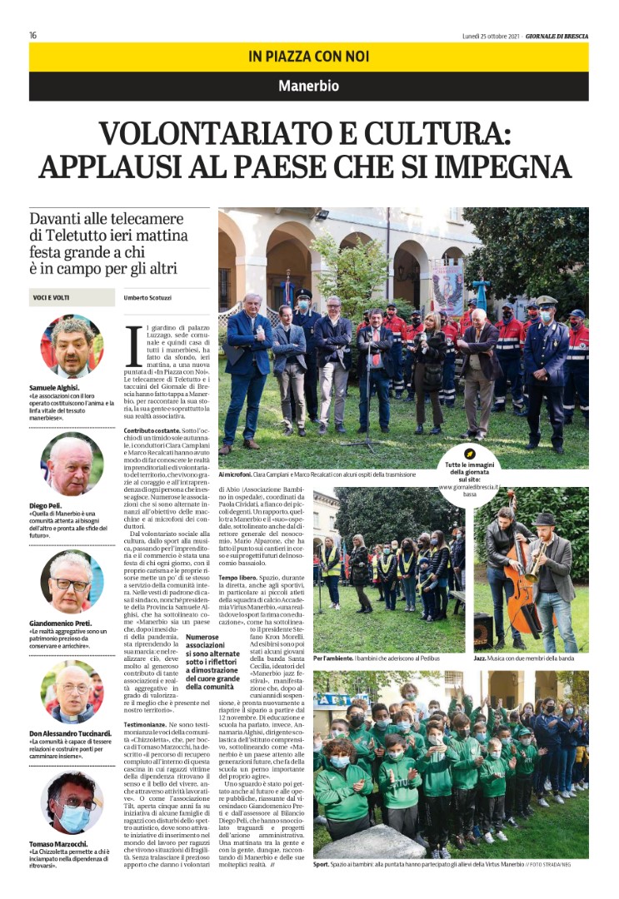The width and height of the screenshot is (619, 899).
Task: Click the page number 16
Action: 32,35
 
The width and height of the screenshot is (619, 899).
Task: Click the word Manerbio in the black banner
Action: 308,86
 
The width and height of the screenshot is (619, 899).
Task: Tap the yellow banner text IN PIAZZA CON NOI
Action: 308,57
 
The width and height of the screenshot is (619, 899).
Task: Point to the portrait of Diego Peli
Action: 72,464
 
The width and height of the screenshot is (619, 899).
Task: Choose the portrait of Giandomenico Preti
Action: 72,581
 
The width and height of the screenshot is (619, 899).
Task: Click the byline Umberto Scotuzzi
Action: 147,297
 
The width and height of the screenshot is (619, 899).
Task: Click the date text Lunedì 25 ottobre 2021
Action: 491,35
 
